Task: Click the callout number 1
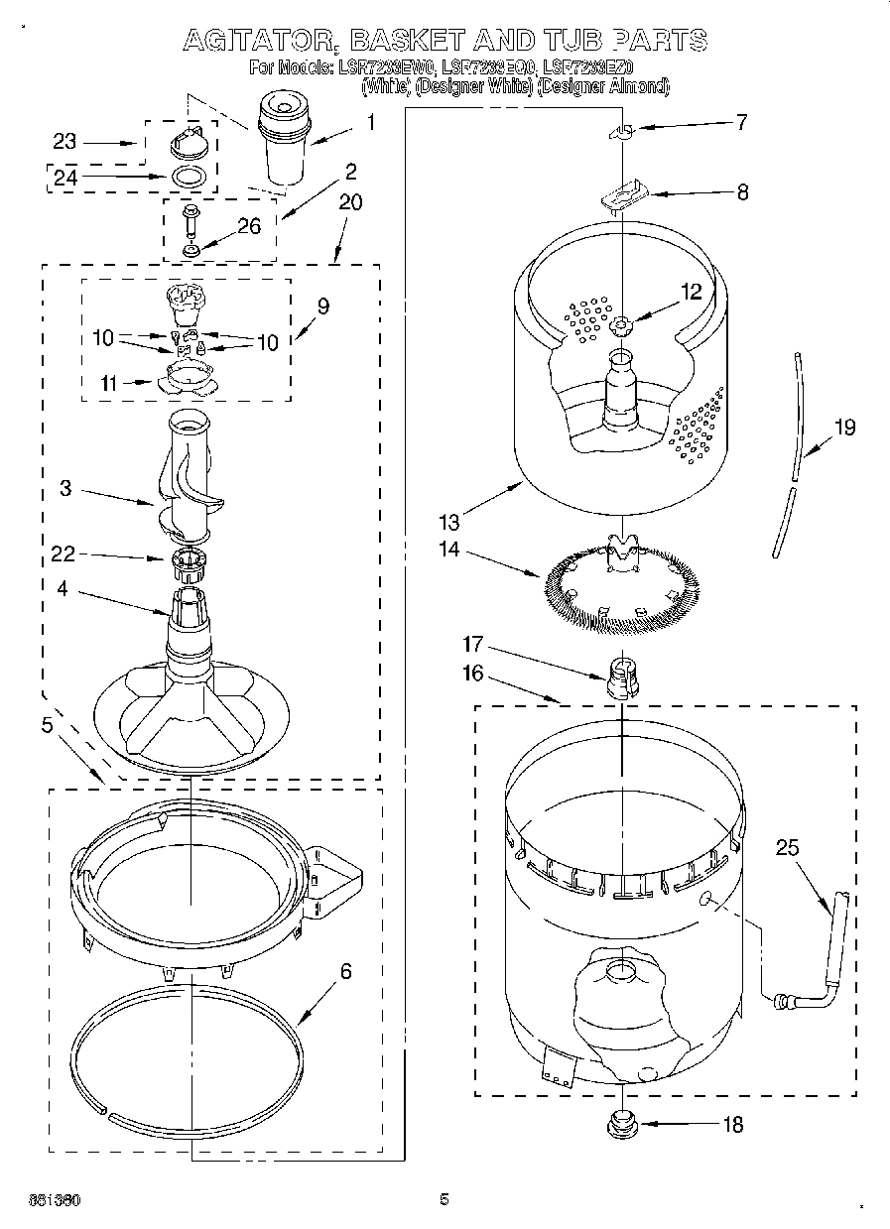pos(371,123)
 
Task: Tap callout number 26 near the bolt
pos(248,226)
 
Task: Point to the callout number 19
pos(844,428)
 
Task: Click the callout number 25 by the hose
pos(788,848)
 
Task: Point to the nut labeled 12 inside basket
pos(621,324)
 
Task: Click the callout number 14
pos(448,549)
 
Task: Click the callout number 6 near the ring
pos(345,971)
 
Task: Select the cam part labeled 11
pos(187,376)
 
